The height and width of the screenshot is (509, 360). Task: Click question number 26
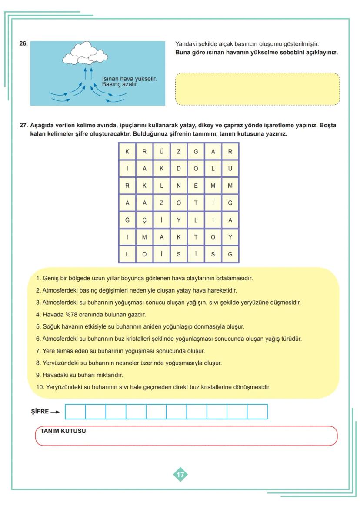[x=23, y=43]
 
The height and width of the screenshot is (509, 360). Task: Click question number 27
[x=23, y=126]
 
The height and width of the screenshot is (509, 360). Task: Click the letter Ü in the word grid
[x=161, y=152]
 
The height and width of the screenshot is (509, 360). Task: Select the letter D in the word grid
[x=178, y=169]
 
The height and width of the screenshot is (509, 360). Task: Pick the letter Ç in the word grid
[x=144, y=220]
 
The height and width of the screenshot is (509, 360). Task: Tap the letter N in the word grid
[x=178, y=186]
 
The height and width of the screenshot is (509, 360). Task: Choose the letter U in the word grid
[x=230, y=169]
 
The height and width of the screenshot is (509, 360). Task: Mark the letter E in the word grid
[x=196, y=186]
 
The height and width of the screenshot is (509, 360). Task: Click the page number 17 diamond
[x=180, y=475]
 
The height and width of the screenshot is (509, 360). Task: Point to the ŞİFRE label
[x=40, y=412]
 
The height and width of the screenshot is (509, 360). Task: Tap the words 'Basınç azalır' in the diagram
[x=120, y=84]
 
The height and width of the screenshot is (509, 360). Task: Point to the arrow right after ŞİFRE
[x=55, y=412]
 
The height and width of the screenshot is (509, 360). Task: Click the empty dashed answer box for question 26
[x=257, y=89]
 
